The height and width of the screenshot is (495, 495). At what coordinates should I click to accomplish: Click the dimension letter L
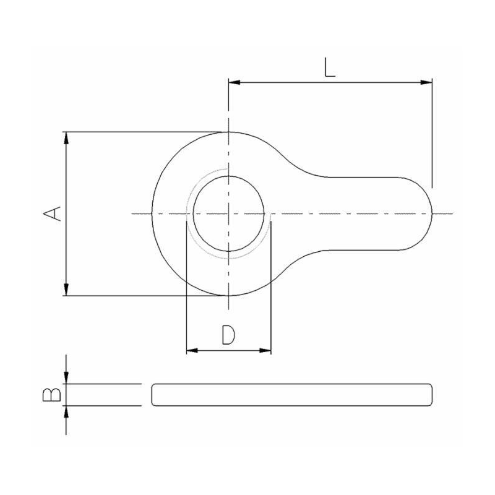pos(330,67)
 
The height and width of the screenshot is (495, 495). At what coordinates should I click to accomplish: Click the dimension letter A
pos(53,213)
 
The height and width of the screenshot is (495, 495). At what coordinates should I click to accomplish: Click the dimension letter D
pos(228,335)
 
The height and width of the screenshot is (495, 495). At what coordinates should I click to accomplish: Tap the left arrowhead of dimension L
pos(234,82)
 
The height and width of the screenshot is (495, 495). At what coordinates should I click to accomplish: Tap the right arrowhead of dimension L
pos(426,82)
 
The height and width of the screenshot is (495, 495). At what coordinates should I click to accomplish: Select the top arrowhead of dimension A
pos(67,137)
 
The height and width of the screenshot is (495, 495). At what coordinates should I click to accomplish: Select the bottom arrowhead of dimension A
pos(67,290)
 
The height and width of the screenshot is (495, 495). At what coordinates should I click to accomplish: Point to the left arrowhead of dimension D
pos(192,351)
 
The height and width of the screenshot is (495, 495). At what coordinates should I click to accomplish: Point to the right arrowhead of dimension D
pos(266,351)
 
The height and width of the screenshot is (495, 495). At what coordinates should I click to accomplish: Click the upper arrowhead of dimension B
pos(67,379)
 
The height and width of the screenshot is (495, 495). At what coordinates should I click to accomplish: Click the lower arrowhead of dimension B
pos(67,410)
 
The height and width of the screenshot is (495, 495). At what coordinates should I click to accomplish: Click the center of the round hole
pos(230,213)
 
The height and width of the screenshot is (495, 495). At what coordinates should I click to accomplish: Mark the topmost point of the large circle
pos(230,132)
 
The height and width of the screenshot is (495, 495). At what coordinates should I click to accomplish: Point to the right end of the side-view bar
pos(433,395)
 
